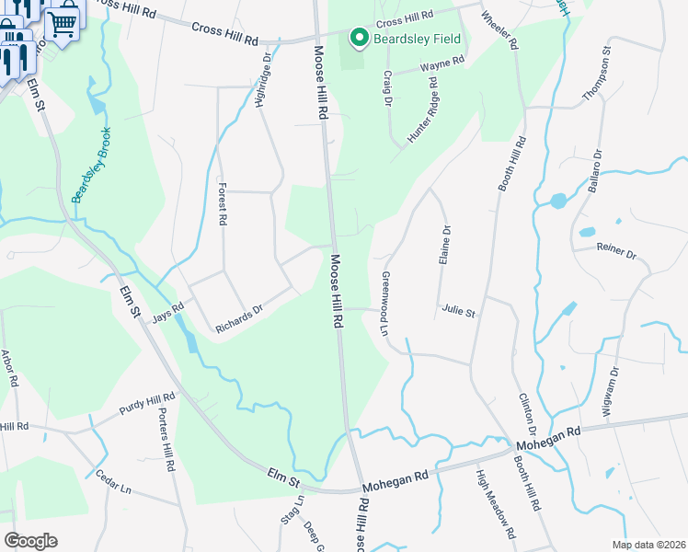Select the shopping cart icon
(63, 22)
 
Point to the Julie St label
(457, 312)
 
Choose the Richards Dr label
(240, 317)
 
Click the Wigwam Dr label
(607, 391)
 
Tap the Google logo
(30, 541)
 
